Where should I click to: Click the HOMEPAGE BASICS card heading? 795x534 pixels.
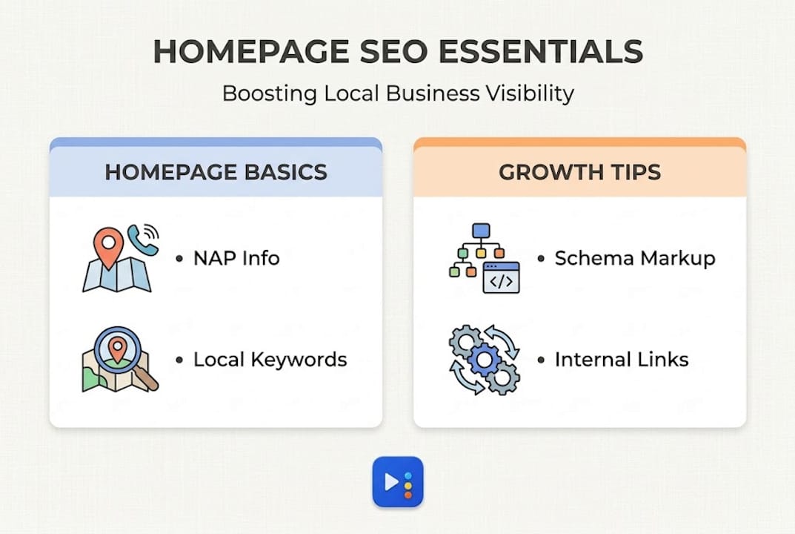[x=216, y=172]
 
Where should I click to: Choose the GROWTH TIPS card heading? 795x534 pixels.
[x=579, y=172]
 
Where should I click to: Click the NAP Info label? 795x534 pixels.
[x=236, y=258]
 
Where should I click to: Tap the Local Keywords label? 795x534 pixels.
[x=270, y=360]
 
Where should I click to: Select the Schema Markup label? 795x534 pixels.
[x=635, y=258]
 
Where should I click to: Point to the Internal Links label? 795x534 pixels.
[x=622, y=360]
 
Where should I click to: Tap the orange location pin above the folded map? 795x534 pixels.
[x=108, y=247]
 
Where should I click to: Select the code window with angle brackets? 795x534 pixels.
[x=501, y=277]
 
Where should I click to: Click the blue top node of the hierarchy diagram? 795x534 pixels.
[x=481, y=231]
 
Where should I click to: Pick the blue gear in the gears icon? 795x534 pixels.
[x=484, y=360]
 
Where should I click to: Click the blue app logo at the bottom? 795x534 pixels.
[x=397, y=482]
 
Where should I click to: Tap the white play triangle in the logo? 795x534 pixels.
[x=391, y=482]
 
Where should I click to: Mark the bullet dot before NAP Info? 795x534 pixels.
[x=179, y=258]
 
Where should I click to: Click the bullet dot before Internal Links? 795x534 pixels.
[x=541, y=360]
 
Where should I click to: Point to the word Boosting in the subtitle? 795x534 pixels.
[x=269, y=94]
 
